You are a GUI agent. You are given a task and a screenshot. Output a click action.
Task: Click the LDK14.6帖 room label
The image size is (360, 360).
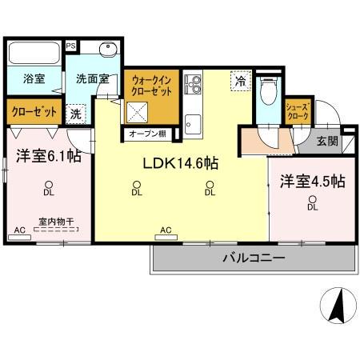tap(181, 162)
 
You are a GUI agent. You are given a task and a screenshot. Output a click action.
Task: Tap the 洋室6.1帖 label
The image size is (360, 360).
tap(45, 157)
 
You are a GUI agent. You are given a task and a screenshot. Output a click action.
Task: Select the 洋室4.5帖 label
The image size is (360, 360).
tap(312, 182)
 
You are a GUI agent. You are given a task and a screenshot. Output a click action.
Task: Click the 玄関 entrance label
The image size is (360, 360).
tap(326, 141)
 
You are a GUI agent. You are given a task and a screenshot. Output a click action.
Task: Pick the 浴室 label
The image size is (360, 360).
tap(33, 80)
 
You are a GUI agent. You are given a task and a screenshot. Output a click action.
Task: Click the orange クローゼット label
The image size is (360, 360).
tap(33, 112)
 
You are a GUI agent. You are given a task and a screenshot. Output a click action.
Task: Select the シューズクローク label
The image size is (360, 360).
tap(299, 111)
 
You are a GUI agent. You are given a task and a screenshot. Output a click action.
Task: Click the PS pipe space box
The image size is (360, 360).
tap(71, 46)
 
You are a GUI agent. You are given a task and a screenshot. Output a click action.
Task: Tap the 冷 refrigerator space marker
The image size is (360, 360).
tap(238, 79)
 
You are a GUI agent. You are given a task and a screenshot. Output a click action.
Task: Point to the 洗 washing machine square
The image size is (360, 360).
tap(76, 114)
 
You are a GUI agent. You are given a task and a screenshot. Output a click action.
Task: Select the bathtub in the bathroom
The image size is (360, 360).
tap(33, 54)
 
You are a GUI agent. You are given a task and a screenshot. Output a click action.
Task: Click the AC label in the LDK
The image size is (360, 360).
tap(166, 230)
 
